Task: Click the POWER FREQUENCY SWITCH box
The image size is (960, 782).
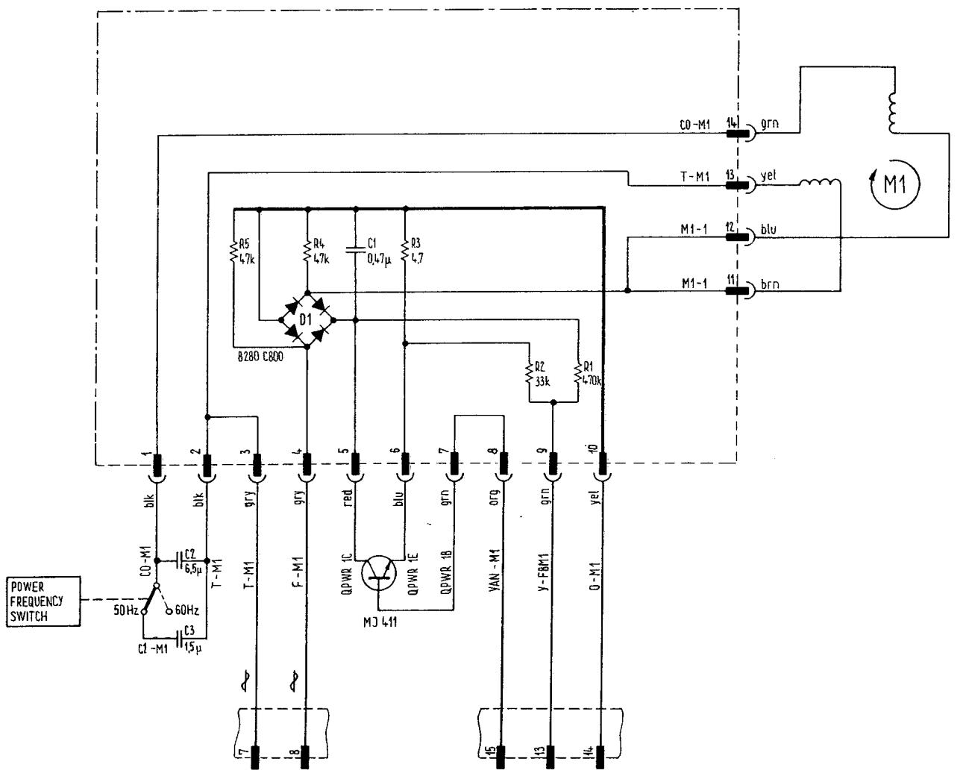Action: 43,601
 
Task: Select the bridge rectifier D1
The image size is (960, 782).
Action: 307,319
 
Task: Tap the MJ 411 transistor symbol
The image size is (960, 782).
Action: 378,572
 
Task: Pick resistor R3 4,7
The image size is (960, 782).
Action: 404,250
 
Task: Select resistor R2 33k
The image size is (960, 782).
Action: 529,372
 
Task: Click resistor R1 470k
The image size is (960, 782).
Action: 578,372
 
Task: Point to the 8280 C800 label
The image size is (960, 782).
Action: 258,357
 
